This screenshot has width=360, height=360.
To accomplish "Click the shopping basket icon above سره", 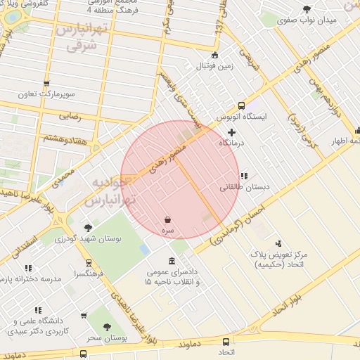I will point(167,219).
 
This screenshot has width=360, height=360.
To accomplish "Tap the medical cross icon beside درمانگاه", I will point(231,132).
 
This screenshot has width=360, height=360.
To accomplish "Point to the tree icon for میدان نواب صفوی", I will point(306,9).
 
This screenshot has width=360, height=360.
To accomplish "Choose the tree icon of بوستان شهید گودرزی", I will point(87,228).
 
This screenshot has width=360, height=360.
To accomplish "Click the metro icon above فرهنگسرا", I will point(87,262).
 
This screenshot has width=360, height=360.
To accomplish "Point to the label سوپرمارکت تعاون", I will point(47,94).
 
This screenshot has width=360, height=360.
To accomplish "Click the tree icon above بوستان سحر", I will point(107,327).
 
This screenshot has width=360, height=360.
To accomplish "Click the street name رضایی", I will point(70,117).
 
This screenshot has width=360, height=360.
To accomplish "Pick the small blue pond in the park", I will point(144,250).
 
